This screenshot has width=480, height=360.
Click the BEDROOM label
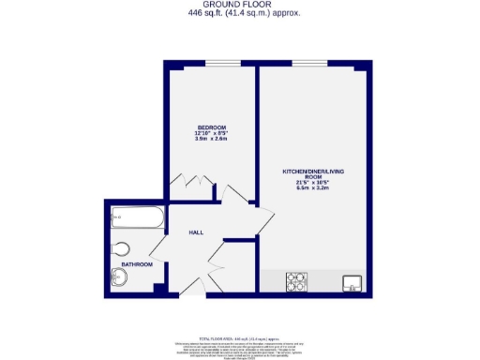click(211, 127)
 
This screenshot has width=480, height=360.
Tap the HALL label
click(196, 232)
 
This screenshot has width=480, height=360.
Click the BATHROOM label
click(136, 264)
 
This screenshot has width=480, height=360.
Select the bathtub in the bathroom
click(137, 220)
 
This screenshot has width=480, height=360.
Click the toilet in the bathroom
click(119, 248)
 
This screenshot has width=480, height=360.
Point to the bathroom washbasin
click(118, 277)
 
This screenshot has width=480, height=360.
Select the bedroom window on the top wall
click(221, 64)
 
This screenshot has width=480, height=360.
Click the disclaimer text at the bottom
click(239, 345)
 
